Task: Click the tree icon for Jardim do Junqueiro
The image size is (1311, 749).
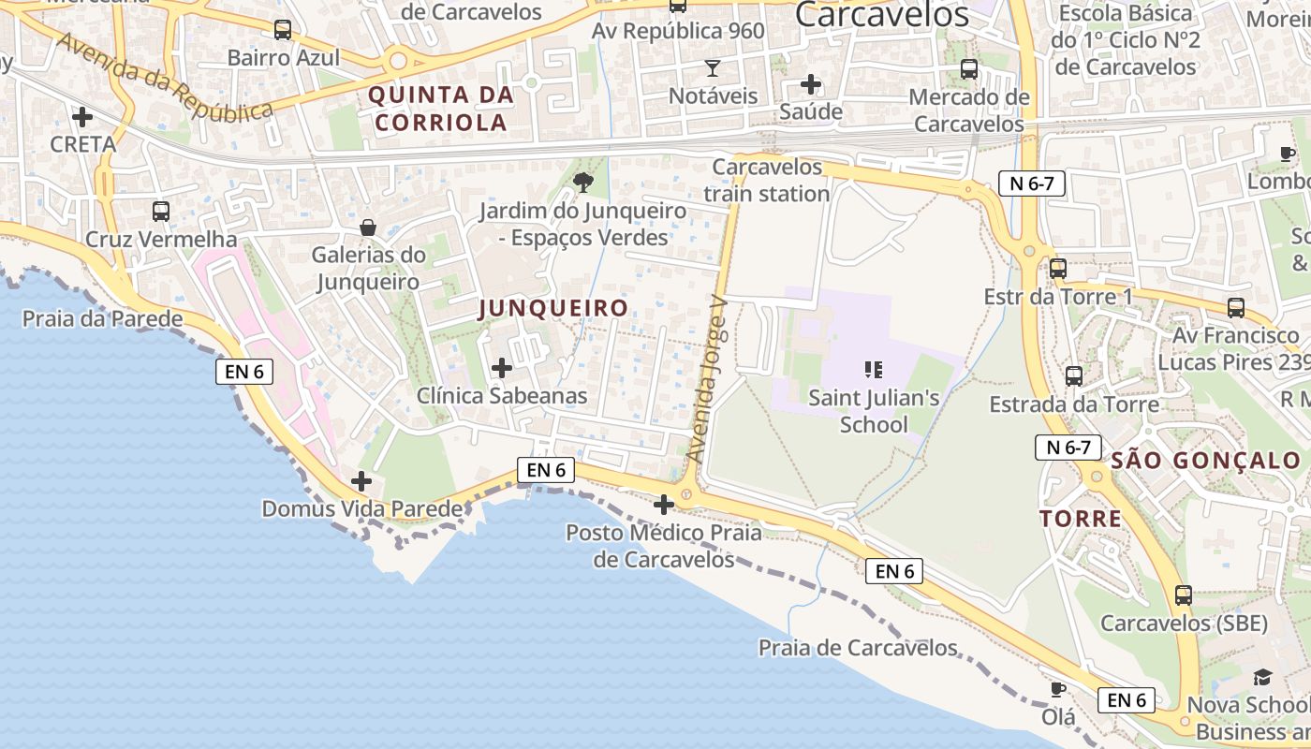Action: tap(582, 182)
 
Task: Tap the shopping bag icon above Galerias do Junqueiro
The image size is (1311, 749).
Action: tap(368, 228)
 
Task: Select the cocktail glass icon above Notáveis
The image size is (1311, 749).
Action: tap(713, 68)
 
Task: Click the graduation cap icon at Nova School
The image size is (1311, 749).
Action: tap(1262, 677)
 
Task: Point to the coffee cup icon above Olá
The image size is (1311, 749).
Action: tap(1057, 690)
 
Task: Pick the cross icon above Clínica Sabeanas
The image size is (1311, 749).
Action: tap(502, 368)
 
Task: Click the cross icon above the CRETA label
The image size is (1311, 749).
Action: tap(82, 117)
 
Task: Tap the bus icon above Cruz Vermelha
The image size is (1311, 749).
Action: tap(161, 212)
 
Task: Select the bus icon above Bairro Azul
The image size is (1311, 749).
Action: tap(283, 30)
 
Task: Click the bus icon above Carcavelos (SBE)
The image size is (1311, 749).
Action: tap(1184, 595)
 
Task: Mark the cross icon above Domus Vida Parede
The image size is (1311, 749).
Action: tap(361, 482)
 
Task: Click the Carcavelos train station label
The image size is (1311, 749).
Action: tap(767, 180)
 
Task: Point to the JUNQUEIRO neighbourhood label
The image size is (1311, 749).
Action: tap(552, 308)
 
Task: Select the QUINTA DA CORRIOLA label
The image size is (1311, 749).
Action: tap(441, 108)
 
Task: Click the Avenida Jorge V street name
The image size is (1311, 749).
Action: tap(707, 379)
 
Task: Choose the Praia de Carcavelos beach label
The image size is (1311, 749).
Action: tap(858, 648)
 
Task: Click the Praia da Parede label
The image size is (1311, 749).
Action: tap(103, 318)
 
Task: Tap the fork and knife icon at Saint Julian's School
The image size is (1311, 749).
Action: tap(874, 370)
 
